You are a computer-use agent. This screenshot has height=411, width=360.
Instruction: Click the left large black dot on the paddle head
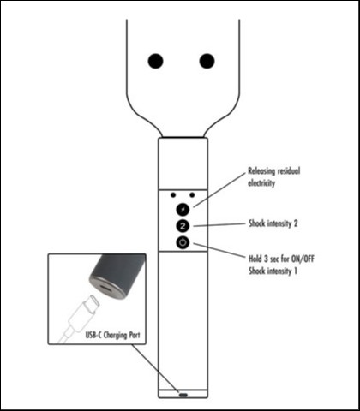click(x=155, y=61)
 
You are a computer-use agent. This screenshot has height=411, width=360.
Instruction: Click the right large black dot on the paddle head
click(x=207, y=61)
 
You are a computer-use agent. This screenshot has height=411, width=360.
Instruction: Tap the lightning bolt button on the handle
click(x=183, y=210)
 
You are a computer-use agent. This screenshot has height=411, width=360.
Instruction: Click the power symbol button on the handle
click(x=183, y=243)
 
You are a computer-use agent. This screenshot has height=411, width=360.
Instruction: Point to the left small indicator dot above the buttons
click(x=173, y=195)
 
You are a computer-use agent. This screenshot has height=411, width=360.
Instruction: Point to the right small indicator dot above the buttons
click(x=192, y=195)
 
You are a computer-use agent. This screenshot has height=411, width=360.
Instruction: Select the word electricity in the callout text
click(x=261, y=183)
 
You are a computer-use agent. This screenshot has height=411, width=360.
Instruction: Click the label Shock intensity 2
click(x=273, y=223)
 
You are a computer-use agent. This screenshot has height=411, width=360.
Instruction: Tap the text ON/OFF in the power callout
click(x=303, y=259)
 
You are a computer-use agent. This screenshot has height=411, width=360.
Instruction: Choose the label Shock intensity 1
click(x=273, y=271)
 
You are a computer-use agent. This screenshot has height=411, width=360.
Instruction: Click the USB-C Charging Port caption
click(x=113, y=335)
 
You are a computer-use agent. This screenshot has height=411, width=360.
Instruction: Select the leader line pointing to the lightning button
click(x=219, y=190)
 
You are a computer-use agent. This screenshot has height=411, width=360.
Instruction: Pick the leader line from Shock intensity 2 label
click(x=219, y=225)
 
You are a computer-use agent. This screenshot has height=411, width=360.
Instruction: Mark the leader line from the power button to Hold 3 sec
click(x=219, y=250)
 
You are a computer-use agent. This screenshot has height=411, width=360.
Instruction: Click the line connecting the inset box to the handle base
click(x=155, y=368)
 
